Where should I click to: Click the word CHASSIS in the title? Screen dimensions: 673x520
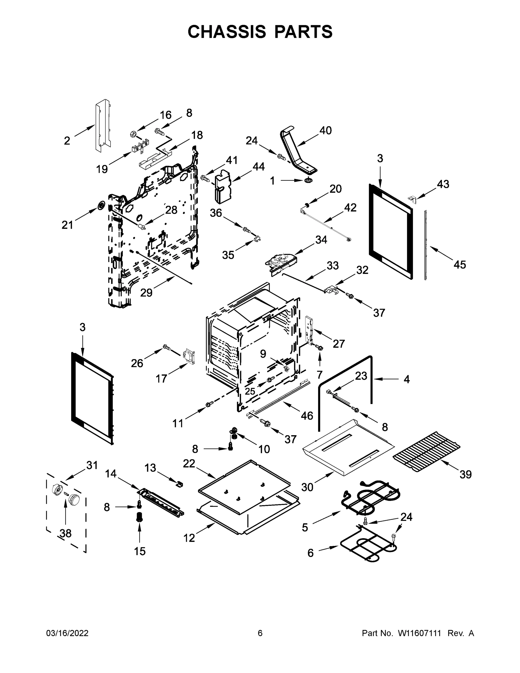tap(227, 32)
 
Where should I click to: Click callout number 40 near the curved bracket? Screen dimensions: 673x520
tap(325, 131)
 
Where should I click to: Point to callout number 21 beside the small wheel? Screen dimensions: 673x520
tap(67, 225)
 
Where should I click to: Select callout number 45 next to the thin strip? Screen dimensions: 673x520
tap(459, 264)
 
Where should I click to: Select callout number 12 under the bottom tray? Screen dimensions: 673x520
tap(189, 538)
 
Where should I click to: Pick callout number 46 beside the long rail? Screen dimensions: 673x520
tap(307, 416)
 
